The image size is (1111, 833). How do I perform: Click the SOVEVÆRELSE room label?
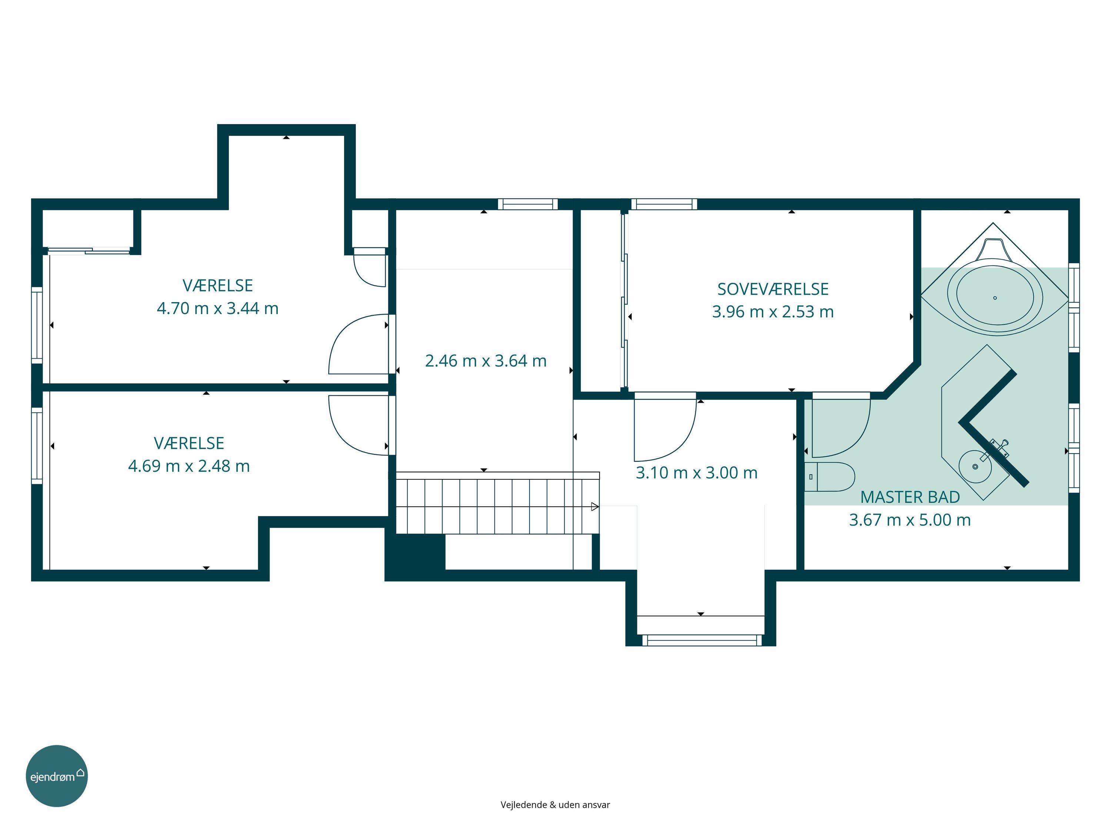pyautogui.click(x=773, y=289)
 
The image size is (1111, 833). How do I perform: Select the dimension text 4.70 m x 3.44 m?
pyautogui.click(x=217, y=308)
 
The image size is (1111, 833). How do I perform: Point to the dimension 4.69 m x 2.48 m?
pyautogui.click(x=189, y=466)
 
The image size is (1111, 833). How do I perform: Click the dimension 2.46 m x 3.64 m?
pyautogui.click(x=486, y=361)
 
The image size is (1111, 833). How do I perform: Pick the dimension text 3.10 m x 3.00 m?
pyautogui.click(x=697, y=472)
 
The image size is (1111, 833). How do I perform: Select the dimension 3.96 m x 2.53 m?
pyautogui.click(x=773, y=312)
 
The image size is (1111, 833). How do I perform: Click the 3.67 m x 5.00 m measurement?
pyautogui.click(x=910, y=520)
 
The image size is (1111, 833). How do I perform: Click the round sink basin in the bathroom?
pyautogui.click(x=975, y=466)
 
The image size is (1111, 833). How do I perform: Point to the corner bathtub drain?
pyautogui.click(x=995, y=298)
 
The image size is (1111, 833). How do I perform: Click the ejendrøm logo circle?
pyautogui.click(x=57, y=776)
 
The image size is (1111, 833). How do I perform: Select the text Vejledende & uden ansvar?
pyautogui.click(x=555, y=804)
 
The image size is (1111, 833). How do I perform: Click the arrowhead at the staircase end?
pyautogui.click(x=595, y=506)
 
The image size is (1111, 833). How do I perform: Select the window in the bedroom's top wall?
pyautogui.click(x=664, y=204)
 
